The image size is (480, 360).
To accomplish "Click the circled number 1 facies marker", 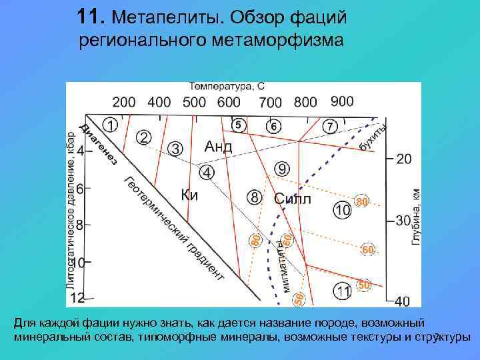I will (111, 124).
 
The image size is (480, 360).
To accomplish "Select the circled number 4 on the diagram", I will (207, 173).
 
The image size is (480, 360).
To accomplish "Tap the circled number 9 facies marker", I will (281, 169).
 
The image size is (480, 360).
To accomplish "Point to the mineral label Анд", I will (217, 147).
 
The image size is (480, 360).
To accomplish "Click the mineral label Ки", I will (190, 195).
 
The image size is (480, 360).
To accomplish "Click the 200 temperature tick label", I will (123, 102).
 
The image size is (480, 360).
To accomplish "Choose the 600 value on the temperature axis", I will (229, 102).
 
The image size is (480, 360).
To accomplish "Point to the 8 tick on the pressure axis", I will (80, 225).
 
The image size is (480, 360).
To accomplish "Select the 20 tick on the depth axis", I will (404, 159).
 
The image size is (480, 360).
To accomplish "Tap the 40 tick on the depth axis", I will (404, 301).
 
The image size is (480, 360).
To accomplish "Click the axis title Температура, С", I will (227, 87).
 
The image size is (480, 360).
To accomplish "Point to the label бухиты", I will (372, 136).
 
